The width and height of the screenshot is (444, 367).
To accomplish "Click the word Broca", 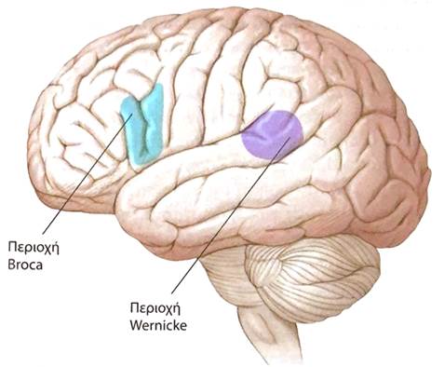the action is pyautogui.click(x=25, y=265).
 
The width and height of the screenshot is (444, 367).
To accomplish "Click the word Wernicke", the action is pyautogui.click(x=158, y=325).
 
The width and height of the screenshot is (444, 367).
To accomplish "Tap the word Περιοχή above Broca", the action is pyautogui.click(x=34, y=250).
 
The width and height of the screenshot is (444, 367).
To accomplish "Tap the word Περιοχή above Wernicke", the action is pyautogui.click(x=155, y=309).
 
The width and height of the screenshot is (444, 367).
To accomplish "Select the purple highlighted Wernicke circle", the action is pyautogui.click(x=272, y=135).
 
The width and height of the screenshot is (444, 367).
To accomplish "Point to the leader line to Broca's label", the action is pyautogui.click(x=87, y=173).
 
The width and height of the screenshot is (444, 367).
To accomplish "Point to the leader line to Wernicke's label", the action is pyautogui.click(x=231, y=215).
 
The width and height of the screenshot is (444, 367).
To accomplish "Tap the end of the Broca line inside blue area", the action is pyautogui.click(x=133, y=114).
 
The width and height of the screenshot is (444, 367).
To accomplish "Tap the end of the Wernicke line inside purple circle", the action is pyautogui.click(x=290, y=137).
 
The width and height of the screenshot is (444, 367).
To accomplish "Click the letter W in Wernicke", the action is pyautogui.click(x=136, y=325).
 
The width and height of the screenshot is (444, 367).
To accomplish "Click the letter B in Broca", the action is pyautogui.click(x=12, y=265).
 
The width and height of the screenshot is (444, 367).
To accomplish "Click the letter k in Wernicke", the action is pyautogui.click(x=175, y=325).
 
